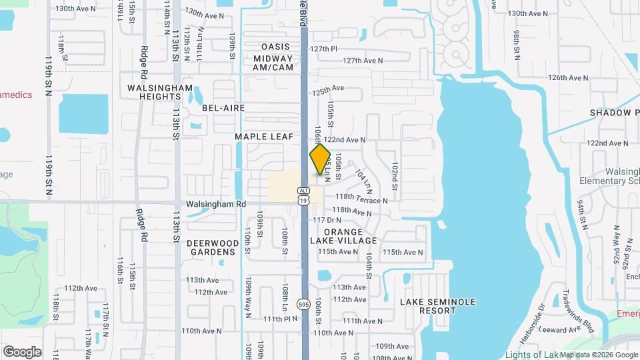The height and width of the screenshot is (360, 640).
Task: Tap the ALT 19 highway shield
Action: (x=304, y=195)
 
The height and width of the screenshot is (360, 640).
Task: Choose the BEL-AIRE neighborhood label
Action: (x=223, y=108)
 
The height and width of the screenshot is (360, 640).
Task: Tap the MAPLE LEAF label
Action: (x=260, y=137)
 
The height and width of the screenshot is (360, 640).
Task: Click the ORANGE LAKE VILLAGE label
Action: (x=343, y=236)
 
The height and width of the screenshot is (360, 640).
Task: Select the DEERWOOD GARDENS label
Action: (x=211, y=247)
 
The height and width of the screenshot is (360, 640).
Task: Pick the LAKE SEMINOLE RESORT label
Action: (x=438, y=307)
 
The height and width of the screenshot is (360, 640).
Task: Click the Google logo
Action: (x=22, y=351)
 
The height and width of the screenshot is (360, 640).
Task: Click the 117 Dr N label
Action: (x=327, y=220)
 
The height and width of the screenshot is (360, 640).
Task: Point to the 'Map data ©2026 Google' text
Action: (x=599, y=355)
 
